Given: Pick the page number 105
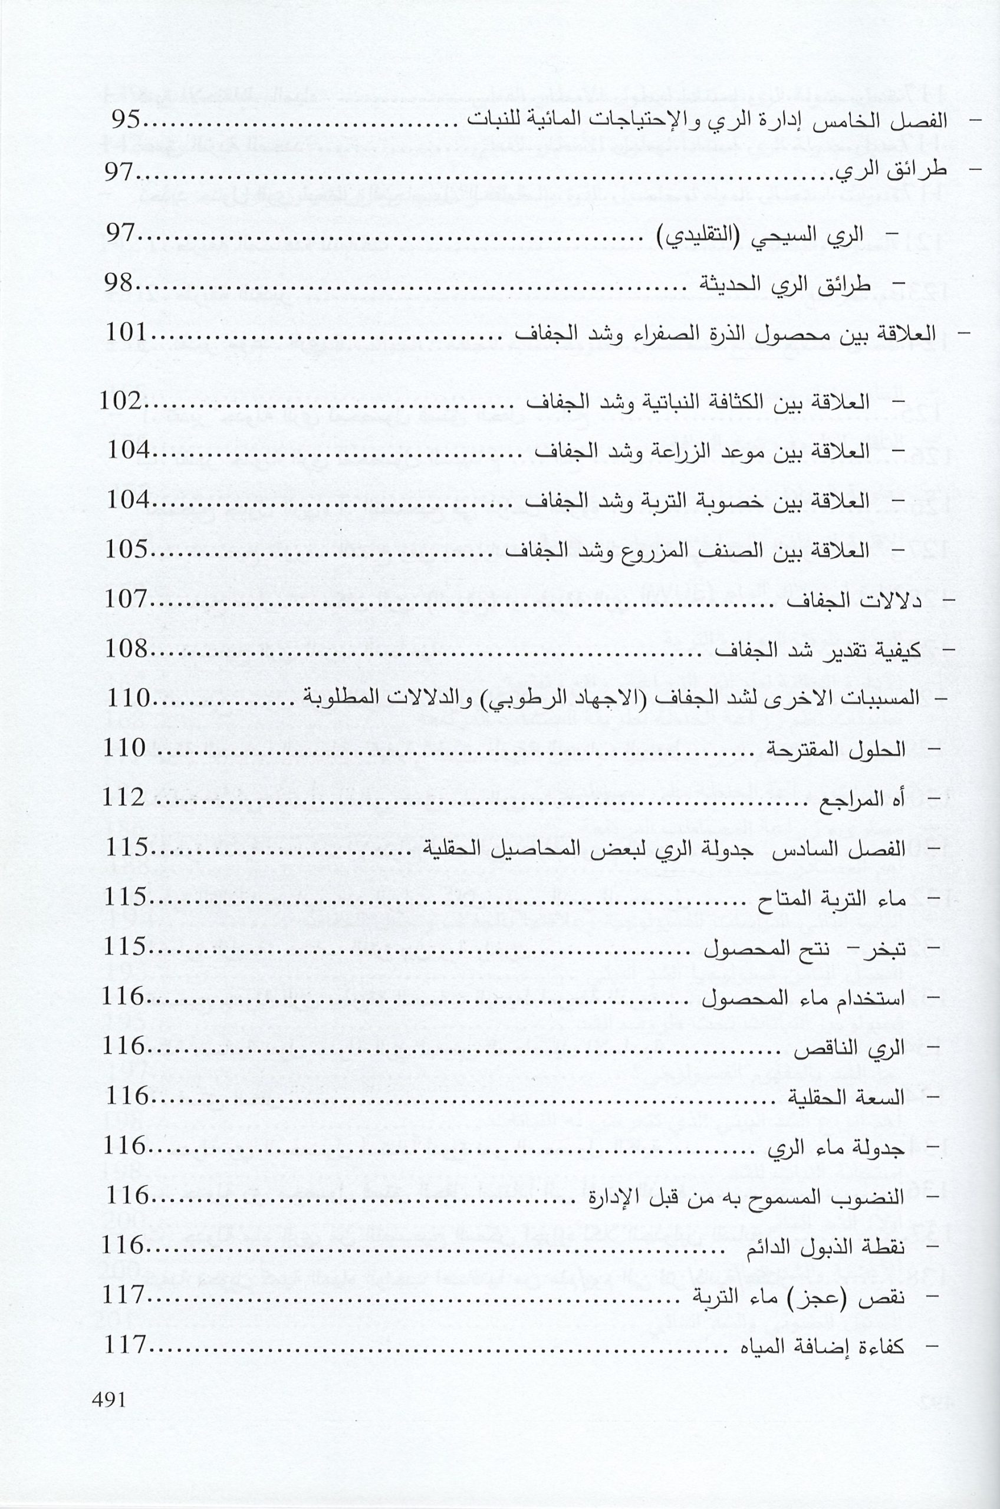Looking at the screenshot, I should click(x=127, y=550).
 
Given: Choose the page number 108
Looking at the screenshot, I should click(x=127, y=650).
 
